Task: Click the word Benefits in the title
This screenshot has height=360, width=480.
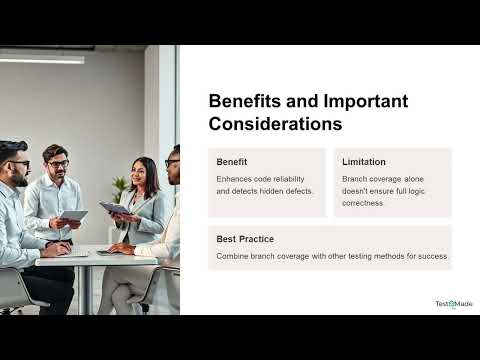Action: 241,102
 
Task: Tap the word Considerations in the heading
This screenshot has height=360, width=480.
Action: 275,124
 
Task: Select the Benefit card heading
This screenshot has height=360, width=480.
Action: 232,162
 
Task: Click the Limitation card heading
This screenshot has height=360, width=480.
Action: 364,162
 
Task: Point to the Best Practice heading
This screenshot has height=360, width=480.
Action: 245,239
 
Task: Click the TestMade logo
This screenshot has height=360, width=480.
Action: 453,304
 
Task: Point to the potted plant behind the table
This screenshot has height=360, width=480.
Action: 119,187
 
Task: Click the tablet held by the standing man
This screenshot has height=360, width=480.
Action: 73,215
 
